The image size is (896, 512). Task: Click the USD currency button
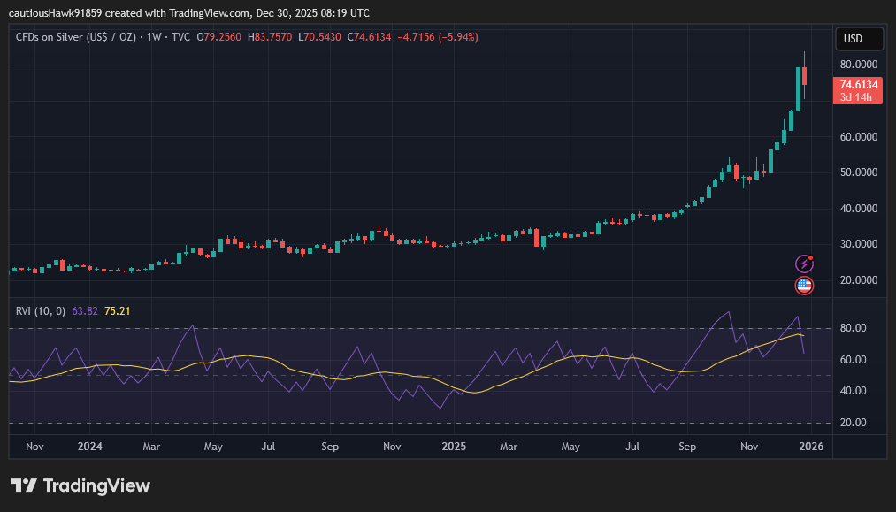859,39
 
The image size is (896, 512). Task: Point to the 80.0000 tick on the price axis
858,65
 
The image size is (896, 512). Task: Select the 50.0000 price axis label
858,172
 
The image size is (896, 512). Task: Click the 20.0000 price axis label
858,279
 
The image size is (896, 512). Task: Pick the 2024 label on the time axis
89,447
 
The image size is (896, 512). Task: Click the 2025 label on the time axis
454,447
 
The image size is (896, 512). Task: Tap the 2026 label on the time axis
809,447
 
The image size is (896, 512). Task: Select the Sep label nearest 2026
688,447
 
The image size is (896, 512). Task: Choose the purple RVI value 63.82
85,311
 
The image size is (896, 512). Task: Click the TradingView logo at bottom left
80,485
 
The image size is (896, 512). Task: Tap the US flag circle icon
804,285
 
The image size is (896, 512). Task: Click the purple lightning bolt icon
804,264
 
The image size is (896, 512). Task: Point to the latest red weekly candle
805,76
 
